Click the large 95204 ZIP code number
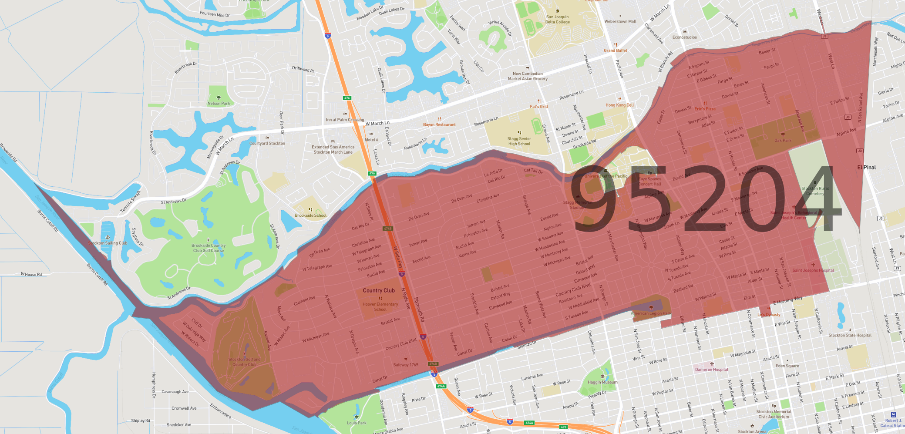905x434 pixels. [x=705, y=198]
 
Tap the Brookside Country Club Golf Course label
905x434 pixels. [x=209, y=248]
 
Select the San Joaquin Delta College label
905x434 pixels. [x=557, y=20]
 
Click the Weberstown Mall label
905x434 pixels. [x=620, y=21]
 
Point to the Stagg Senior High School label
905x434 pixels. [x=519, y=141]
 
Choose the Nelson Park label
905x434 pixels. [x=219, y=104]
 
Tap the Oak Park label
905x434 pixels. [x=783, y=140]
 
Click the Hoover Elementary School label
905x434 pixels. [x=380, y=306]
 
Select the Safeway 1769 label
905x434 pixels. [x=405, y=365]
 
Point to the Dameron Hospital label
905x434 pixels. [x=711, y=370]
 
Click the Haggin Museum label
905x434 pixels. [x=602, y=382]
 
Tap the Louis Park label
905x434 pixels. [x=357, y=423]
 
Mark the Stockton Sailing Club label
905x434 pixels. [x=108, y=243]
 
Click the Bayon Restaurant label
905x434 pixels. [x=439, y=124]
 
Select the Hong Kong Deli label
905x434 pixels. [x=619, y=105]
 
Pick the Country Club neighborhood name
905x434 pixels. [x=379, y=290]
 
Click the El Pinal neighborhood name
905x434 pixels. [x=866, y=167]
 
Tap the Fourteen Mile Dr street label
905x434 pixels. [x=215, y=14]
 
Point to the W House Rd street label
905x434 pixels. [x=31, y=274]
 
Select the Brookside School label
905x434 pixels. [x=310, y=215]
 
